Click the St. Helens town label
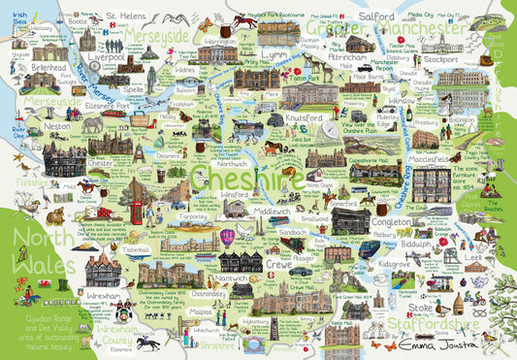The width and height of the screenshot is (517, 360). [125, 16]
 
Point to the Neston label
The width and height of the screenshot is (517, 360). [57, 126]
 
